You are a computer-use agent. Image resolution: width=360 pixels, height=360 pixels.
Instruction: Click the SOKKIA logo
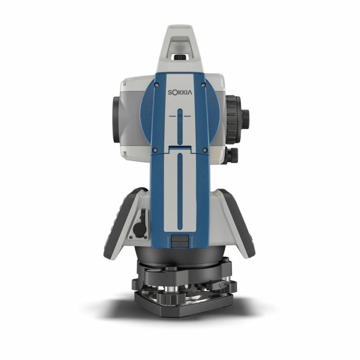[180, 93]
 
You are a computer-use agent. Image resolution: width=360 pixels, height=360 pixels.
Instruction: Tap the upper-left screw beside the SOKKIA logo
[156, 85]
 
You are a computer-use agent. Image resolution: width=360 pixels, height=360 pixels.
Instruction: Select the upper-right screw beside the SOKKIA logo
[203, 85]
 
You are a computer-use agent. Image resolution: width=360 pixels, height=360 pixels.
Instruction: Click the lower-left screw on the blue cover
[155, 150]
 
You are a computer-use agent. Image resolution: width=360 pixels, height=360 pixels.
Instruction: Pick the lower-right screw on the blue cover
[205, 150]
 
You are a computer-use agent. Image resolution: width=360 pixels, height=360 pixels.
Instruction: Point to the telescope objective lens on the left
[117, 120]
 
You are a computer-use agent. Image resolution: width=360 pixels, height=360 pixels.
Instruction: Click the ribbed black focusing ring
[233, 119]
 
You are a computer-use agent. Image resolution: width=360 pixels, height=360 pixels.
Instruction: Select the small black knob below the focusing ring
[231, 156]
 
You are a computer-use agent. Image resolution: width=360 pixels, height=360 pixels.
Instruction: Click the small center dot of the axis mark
[180, 116]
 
